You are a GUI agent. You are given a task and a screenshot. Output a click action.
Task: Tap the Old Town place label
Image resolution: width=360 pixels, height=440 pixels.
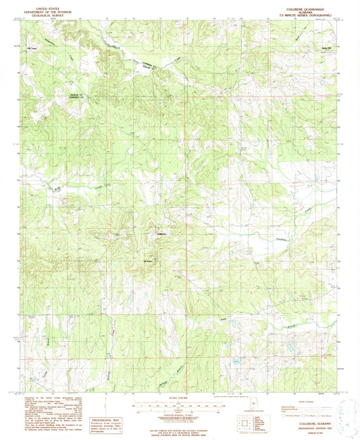pyautogui.click(x=30, y=49)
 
